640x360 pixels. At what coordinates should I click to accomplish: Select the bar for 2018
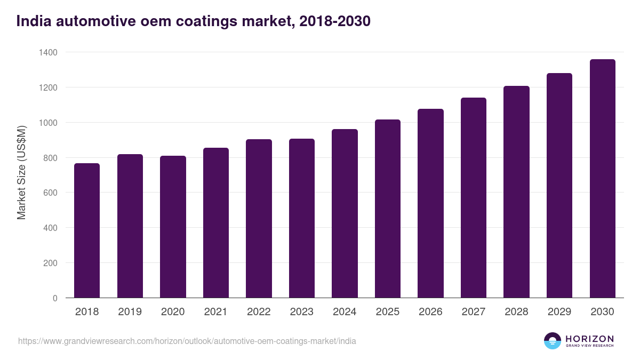(87, 230)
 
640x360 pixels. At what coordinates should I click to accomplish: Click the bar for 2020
(173, 227)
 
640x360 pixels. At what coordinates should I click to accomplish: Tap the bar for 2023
(301, 218)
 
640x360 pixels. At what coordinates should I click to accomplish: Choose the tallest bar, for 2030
(602, 179)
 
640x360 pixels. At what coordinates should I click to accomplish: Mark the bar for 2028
(516, 192)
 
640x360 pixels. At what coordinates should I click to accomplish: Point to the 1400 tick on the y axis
(47, 52)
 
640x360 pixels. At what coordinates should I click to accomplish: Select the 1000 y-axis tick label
(47, 123)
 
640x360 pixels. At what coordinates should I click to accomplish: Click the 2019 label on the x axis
(130, 312)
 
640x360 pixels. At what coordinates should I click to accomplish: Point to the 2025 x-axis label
(387, 312)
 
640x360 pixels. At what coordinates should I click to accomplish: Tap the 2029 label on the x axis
(559, 312)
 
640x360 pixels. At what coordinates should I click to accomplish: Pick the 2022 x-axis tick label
(259, 312)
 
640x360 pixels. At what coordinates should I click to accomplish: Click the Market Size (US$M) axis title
(21, 172)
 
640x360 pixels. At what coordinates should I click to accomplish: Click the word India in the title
(34, 21)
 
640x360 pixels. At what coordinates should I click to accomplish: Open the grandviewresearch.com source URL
(187, 341)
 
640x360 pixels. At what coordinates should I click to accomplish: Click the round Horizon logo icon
(553, 341)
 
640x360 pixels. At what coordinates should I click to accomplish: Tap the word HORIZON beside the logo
(589, 339)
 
